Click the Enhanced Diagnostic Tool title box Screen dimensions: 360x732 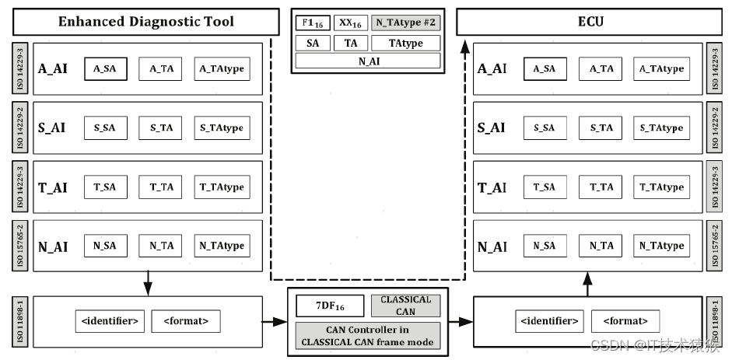146,21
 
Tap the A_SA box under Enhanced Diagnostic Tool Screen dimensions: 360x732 105,69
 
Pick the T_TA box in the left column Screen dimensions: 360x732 161,187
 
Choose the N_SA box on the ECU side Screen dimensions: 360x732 545,246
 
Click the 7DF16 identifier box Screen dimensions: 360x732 330,306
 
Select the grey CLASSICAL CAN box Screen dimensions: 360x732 405,306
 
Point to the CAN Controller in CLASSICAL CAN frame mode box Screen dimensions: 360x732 367,335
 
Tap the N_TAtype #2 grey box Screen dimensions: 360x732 406,23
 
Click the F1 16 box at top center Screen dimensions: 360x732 313,23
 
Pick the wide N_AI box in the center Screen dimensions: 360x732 368,61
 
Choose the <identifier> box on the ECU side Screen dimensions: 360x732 547,321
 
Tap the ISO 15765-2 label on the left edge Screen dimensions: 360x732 19,245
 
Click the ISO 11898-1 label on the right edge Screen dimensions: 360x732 713,320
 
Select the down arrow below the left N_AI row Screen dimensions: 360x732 148,284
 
